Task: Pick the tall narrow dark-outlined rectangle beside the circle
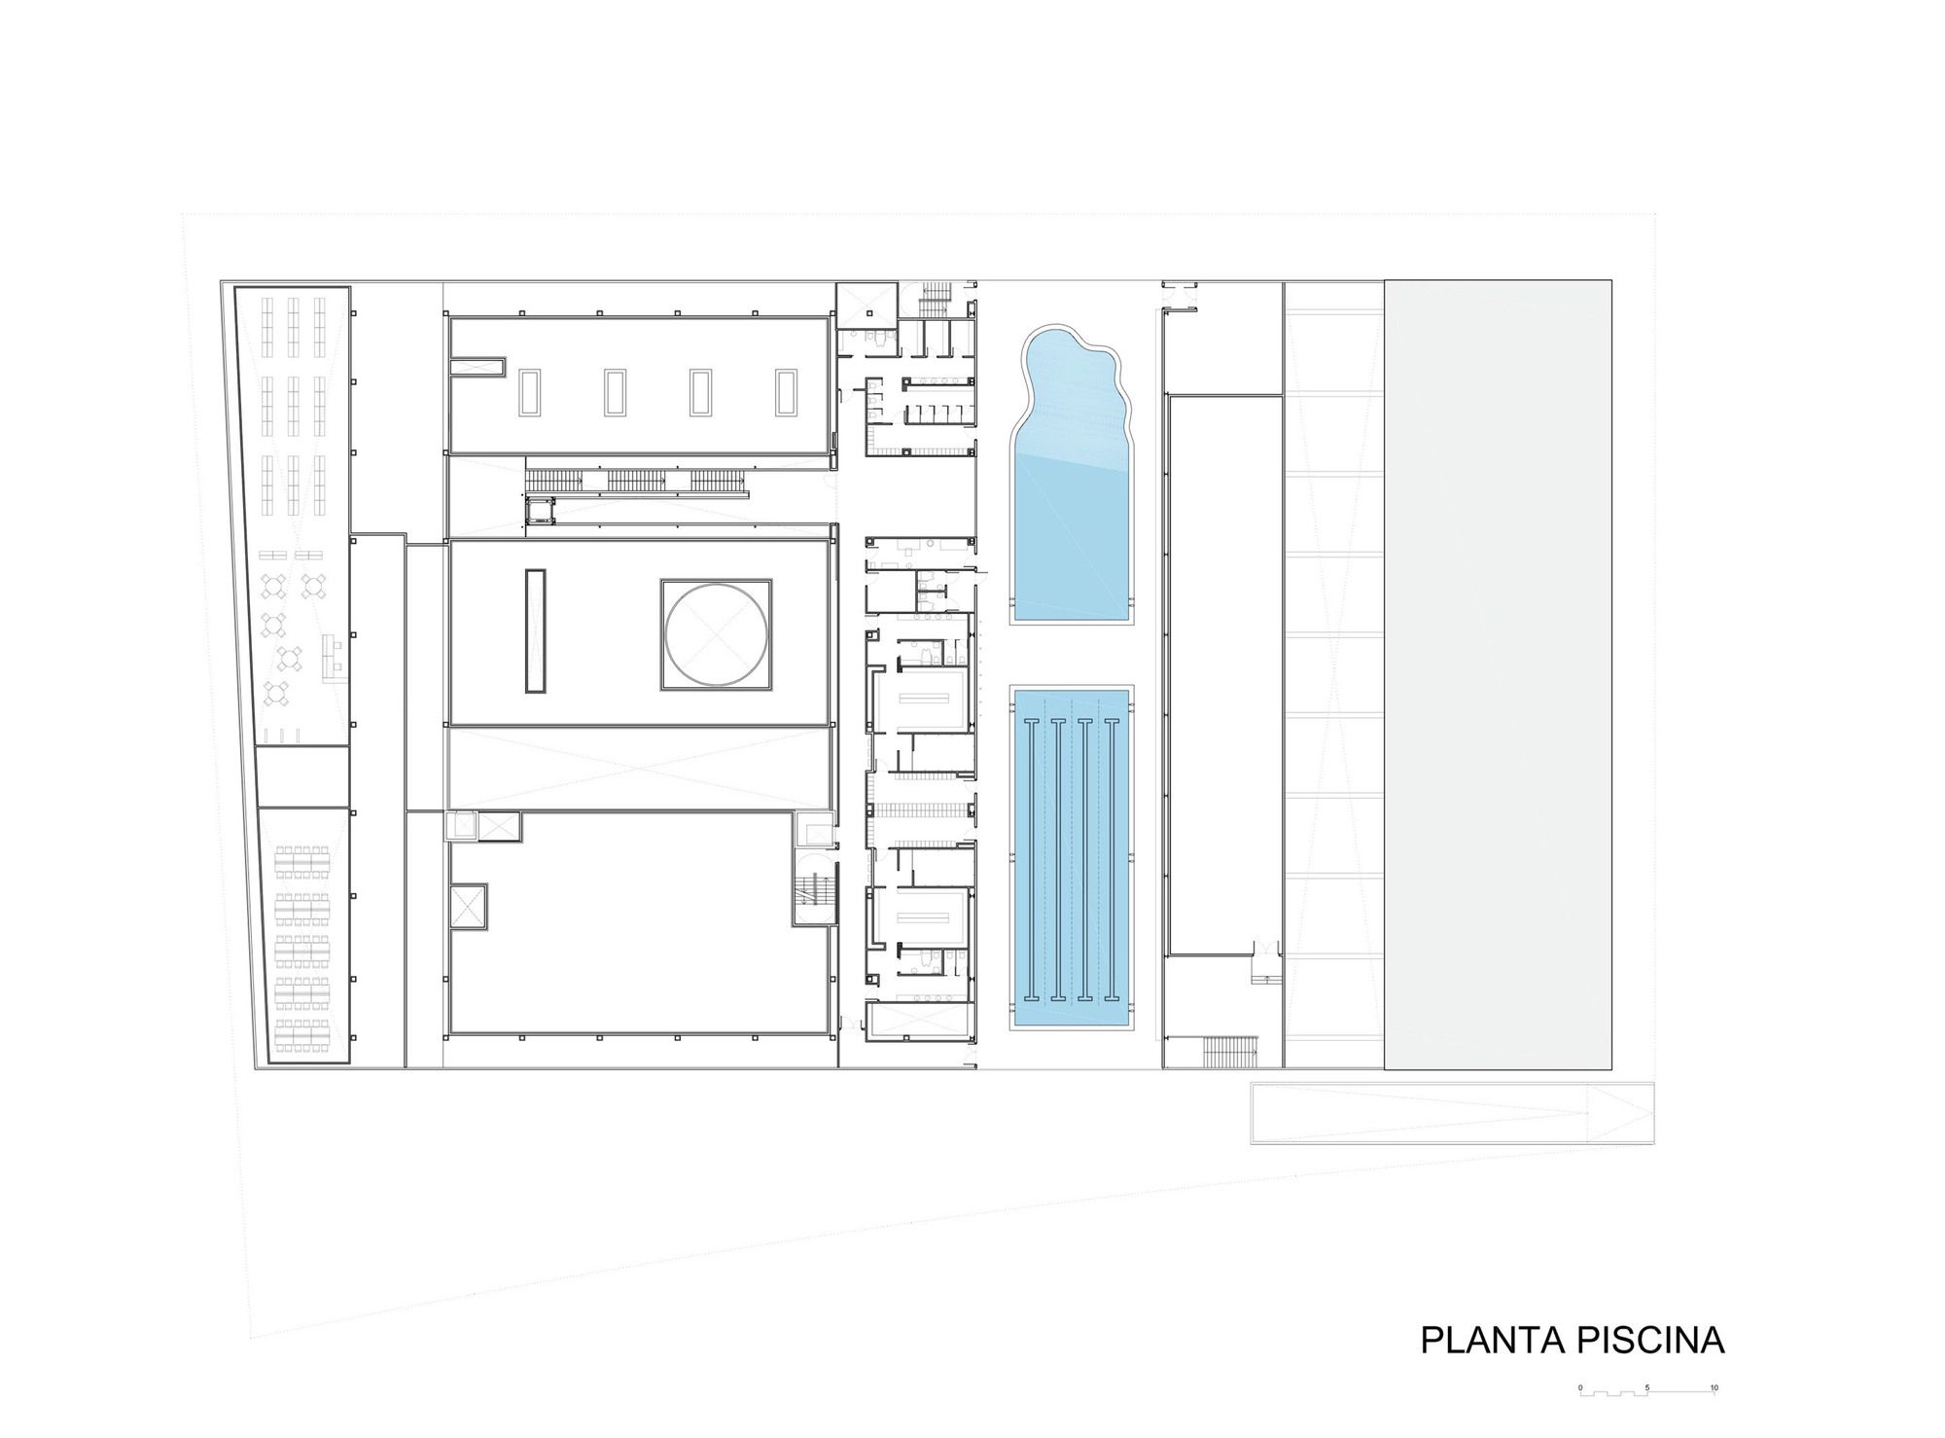click(535, 630)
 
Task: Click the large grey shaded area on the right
click(1498, 674)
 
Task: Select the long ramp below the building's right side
click(1450, 1113)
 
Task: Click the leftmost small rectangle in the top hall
click(531, 392)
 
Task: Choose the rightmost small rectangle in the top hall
click(786, 392)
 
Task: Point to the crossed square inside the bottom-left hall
click(469, 908)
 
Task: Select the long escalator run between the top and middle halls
click(637, 480)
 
